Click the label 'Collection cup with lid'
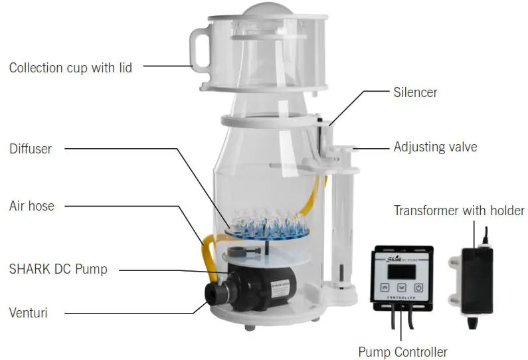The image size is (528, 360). pos(70,68)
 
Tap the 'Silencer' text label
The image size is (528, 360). pos(415,92)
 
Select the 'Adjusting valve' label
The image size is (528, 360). pos(435,147)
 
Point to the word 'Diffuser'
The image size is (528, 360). pos(31,148)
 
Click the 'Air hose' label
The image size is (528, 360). pos(32,206)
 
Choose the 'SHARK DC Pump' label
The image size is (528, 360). pos(58,269)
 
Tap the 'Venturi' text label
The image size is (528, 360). pos(29,311)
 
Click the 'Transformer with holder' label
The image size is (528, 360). pos(459,211)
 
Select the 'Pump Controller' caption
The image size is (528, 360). pos(402,351)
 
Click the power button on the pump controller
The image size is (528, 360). pos(418,288)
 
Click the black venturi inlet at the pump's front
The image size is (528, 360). pos(216,291)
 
